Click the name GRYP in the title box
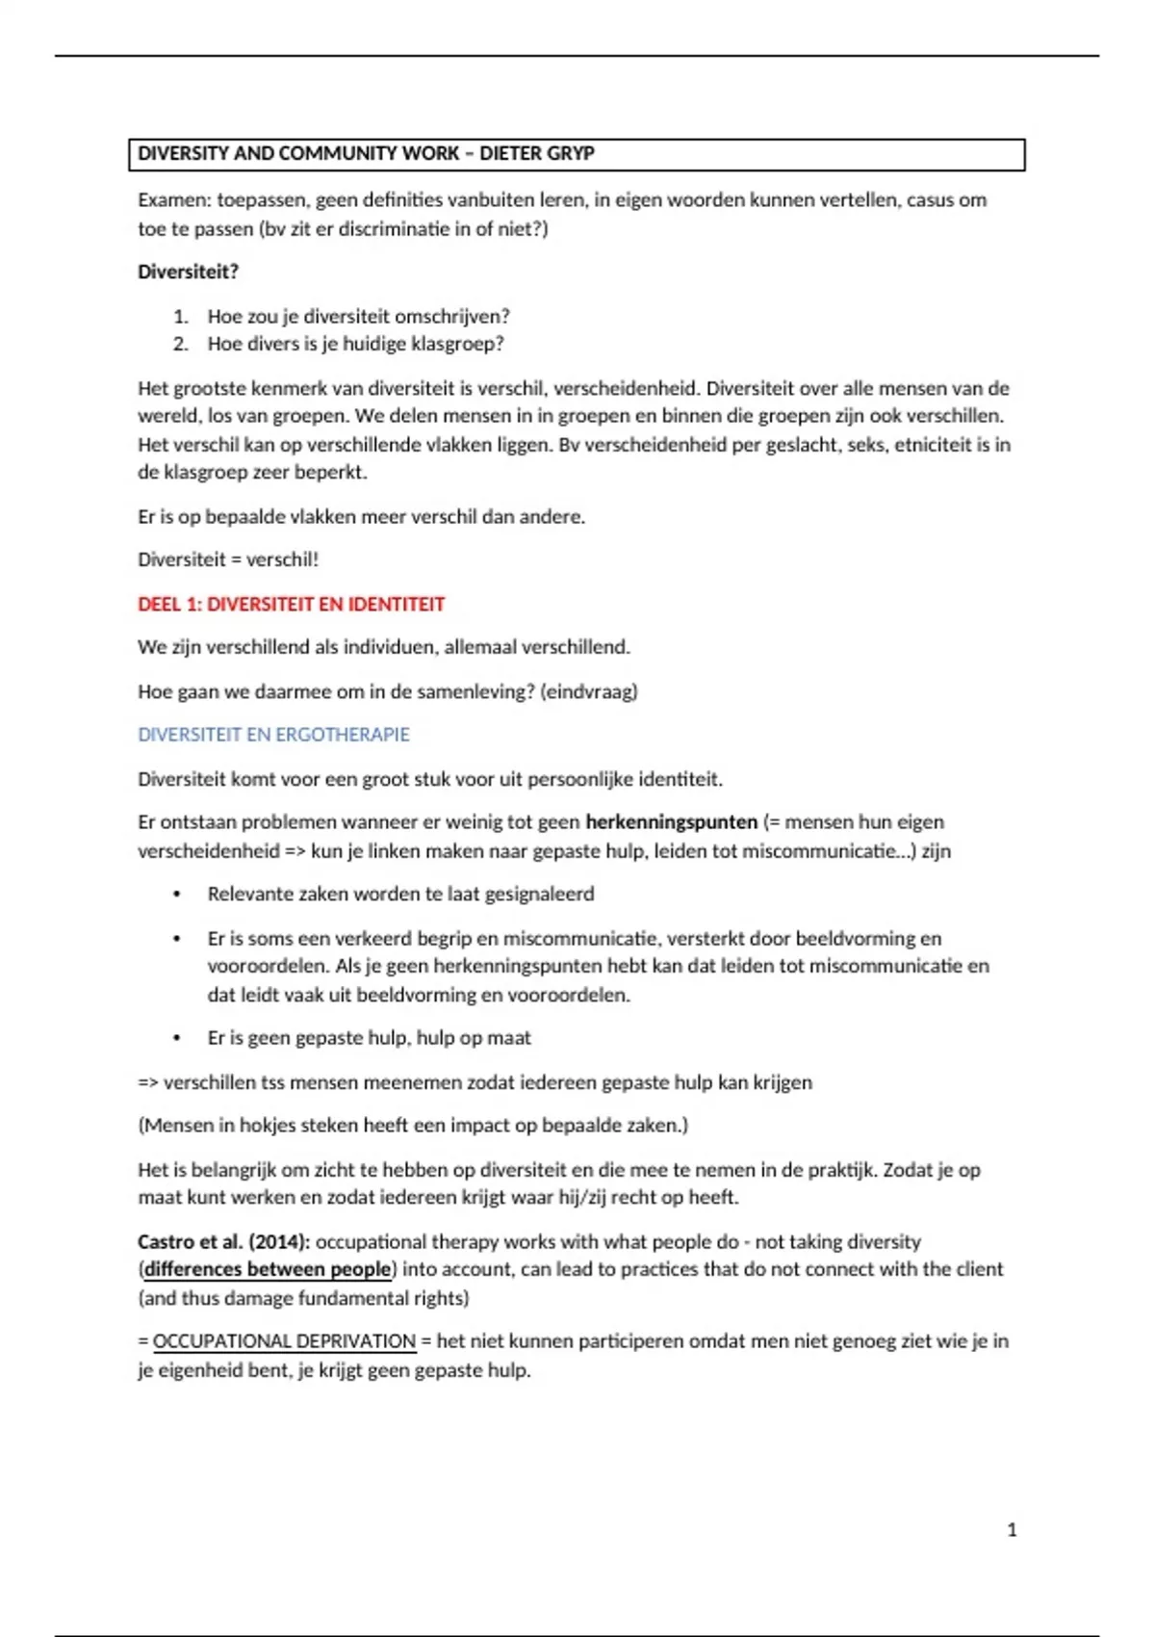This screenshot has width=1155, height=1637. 571,154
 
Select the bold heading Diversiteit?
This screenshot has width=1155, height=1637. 188,272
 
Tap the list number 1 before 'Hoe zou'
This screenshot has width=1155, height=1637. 180,317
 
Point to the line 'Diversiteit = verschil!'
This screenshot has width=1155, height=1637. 228,559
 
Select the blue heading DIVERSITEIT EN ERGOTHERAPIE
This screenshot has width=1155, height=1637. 273,735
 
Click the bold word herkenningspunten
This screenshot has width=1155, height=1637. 671,822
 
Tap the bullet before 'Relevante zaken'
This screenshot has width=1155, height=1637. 177,895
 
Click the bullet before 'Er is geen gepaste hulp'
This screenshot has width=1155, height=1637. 177,1038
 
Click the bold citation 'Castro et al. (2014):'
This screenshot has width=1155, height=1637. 223,1242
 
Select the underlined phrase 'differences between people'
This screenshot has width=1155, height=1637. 268,1270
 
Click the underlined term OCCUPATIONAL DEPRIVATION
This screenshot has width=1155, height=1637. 284,1341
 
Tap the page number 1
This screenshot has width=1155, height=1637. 1012,1530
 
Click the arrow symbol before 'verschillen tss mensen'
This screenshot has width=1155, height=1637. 148,1082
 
